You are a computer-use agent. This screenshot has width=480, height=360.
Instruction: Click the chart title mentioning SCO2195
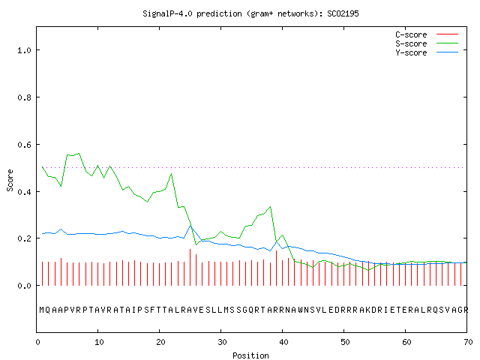coord(250,13)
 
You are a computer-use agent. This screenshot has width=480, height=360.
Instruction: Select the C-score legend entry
coord(427,34)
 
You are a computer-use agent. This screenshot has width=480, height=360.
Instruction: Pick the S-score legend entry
coord(427,43)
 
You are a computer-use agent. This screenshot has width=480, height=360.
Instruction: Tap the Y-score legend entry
coord(427,52)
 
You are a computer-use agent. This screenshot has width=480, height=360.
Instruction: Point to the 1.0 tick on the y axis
coord(24,50)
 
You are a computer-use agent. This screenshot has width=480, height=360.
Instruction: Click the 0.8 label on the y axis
coord(24,97)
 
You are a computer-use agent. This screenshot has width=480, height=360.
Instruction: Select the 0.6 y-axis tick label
coord(24,145)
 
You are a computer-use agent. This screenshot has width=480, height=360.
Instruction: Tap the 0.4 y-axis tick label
coord(24,192)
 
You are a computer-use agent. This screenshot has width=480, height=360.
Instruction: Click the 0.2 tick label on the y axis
coord(24,238)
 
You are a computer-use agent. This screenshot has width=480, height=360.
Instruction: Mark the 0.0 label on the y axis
coord(24,286)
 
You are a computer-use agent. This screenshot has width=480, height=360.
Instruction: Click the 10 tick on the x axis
coord(99,342)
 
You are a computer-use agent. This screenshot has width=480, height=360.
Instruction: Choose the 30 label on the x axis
coord(222,342)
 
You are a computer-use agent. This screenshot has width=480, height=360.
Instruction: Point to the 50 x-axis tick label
coord(345,342)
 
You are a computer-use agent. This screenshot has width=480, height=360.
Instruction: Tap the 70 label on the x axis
coord(468,342)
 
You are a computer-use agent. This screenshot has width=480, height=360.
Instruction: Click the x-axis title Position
coord(250,355)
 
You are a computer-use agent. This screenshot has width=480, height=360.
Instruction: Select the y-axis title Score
coord(10,180)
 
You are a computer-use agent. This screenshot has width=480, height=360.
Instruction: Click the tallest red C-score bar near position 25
coord(190,267)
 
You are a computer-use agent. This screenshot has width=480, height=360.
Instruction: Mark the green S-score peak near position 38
coord(270,207)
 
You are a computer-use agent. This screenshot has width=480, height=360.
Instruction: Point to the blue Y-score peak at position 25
coord(190,226)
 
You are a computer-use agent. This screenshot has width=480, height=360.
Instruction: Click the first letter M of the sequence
coord(42,310)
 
